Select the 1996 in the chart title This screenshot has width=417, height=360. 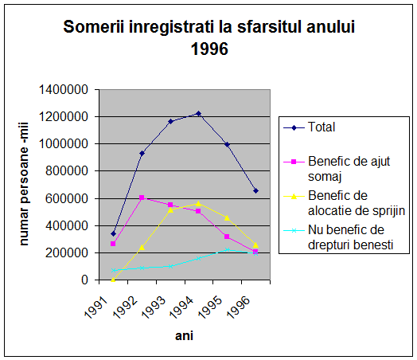[209, 49]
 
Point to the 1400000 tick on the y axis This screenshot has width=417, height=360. [64, 90]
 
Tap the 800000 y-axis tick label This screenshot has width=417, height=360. [67, 170]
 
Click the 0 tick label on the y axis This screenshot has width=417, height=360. [84, 280]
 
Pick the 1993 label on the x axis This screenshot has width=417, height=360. [154, 307]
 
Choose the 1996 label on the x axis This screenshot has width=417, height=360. [239, 307]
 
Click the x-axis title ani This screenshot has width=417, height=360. [184, 335]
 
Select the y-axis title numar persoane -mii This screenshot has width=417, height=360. [24, 184]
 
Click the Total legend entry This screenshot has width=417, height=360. [309, 127]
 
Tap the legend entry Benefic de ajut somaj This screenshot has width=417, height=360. [337, 169]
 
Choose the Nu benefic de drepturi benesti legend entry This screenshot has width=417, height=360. [338, 237]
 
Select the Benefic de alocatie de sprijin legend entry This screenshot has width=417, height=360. [344, 203]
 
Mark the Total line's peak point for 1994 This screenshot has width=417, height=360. [198, 114]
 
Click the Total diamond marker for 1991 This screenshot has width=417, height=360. [113, 234]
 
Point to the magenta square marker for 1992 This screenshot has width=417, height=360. [142, 198]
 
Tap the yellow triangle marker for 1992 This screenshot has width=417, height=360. [142, 248]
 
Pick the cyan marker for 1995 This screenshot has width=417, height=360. [227, 249]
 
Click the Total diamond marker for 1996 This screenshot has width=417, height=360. [255, 191]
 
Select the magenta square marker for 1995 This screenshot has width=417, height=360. [227, 237]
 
